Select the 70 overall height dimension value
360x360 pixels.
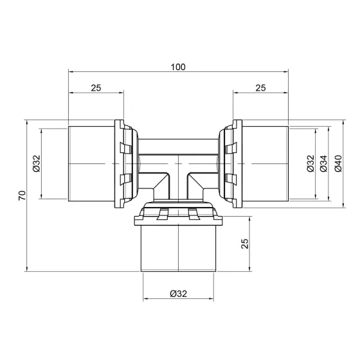pos(22,195)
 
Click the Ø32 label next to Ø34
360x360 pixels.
pos(310,164)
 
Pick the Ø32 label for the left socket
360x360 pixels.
pos(36,164)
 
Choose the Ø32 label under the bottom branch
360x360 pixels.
pos(178,294)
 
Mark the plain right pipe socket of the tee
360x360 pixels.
pos(265,164)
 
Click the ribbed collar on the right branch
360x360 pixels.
pos(230,164)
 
